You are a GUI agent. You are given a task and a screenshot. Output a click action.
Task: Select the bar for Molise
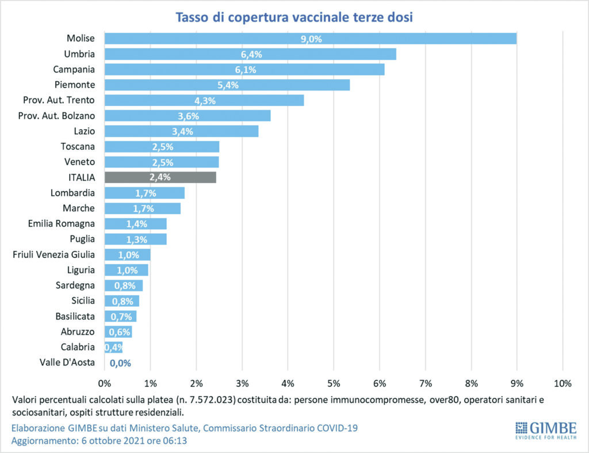pos(310,39)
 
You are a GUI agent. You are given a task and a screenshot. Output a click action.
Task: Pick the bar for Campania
pos(244,69)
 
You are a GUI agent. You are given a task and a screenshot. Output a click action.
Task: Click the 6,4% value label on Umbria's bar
pos(251,54)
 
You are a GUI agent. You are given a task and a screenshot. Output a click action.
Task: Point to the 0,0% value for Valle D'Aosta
pos(120,363)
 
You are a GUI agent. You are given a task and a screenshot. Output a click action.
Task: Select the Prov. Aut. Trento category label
pos(59,100)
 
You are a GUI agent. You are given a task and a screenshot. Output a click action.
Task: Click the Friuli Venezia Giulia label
pos(54,254)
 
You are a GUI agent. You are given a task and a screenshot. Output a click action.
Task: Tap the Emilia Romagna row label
pos(62,223)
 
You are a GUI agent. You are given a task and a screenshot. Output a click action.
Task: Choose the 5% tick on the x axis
pos(334,383)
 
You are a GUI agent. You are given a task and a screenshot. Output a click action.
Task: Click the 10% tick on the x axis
pos(562,383)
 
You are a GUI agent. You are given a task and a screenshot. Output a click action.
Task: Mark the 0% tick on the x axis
pos(105,383)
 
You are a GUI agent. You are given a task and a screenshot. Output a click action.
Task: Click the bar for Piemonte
pos(227,85)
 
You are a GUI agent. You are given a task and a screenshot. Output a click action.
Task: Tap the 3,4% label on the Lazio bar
pos(182,131)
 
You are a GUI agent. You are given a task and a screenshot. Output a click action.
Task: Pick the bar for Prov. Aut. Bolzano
pos(187,116)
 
